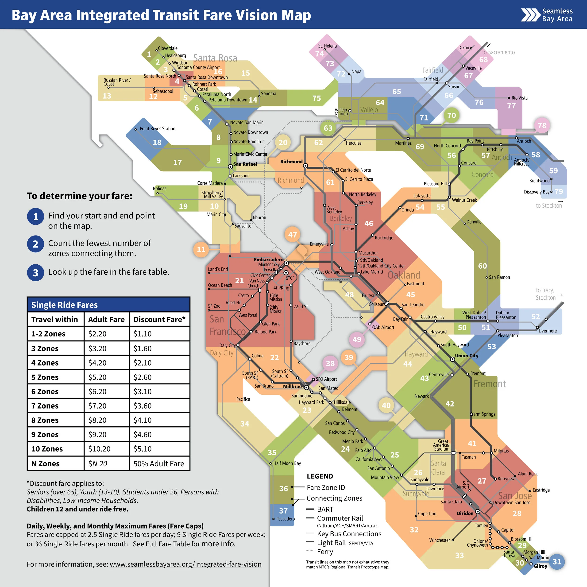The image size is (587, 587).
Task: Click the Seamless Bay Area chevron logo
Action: click(x=530, y=15)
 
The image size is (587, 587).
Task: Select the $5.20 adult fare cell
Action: click(x=97, y=377)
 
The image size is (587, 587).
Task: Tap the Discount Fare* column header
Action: click(x=159, y=319)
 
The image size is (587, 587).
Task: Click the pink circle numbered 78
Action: click(x=542, y=125)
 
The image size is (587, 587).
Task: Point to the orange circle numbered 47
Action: click(x=292, y=235)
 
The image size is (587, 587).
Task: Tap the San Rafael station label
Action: click(x=245, y=164)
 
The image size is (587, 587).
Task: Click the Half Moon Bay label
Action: click(x=287, y=463)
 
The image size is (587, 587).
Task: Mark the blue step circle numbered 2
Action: click(x=35, y=244)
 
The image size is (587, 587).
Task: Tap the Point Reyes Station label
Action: click(x=157, y=128)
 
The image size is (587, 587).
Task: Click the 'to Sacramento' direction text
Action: click(x=498, y=52)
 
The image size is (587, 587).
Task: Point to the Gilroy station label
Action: click(x=540, y=566)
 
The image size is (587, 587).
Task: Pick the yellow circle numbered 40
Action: click(x=386, y=405)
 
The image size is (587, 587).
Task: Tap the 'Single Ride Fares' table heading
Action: click(x=64, y=305)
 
